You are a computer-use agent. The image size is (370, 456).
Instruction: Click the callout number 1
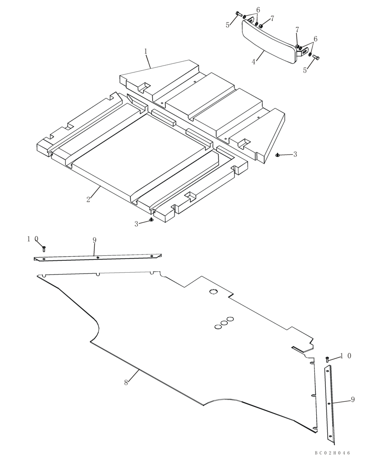click(146, 52)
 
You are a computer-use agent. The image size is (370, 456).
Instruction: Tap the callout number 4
click(254, 62)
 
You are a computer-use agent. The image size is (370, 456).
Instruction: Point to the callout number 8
click(126, 383)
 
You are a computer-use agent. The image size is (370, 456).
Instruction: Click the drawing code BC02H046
click(332, 452)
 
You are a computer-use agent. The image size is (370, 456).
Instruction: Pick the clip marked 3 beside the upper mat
click(278, 155)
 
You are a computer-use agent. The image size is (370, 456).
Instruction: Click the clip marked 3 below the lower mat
click(151, 221)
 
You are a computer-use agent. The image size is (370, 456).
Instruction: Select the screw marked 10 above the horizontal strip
click(44, 249)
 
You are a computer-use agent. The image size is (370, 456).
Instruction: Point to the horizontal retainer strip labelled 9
click(98, 258)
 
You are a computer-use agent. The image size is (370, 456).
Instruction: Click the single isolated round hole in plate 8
click(212, 292)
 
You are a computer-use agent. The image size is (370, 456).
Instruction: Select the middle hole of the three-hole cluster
click(224, 322)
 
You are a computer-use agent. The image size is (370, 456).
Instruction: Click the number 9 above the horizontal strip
click(94, 240)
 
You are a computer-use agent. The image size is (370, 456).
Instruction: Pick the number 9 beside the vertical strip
click(353, 399)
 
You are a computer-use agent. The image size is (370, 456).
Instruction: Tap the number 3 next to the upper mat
click(295, 155)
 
